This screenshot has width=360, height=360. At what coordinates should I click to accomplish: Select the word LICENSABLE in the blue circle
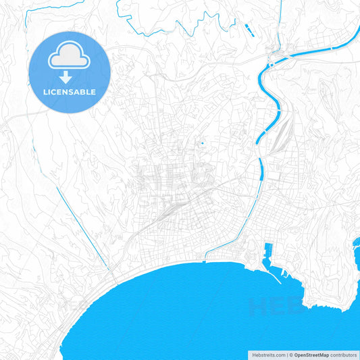69,92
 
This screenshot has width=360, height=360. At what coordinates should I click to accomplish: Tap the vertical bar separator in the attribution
288,354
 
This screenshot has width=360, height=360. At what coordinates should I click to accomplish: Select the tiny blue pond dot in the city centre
201,143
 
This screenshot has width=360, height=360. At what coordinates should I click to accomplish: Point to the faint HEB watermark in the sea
270,307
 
